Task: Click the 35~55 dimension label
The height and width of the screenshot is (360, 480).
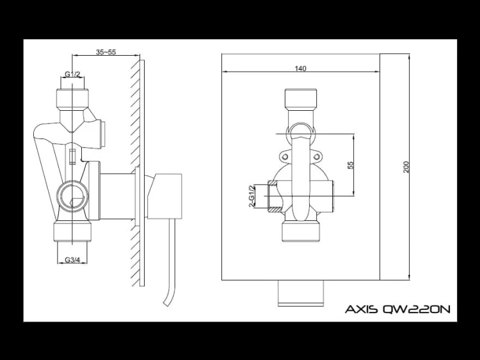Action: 106,52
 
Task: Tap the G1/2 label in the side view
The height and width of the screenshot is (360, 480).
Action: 72,74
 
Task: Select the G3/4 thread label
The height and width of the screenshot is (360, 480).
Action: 72,260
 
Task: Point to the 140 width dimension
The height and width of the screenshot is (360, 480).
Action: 301,69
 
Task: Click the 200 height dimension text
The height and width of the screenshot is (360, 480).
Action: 406,167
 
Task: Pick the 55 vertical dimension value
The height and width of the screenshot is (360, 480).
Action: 351,165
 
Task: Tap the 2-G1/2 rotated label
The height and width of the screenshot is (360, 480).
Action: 252,196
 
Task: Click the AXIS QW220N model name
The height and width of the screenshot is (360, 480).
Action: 397,309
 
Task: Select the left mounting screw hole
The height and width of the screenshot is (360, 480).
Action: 285,157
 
